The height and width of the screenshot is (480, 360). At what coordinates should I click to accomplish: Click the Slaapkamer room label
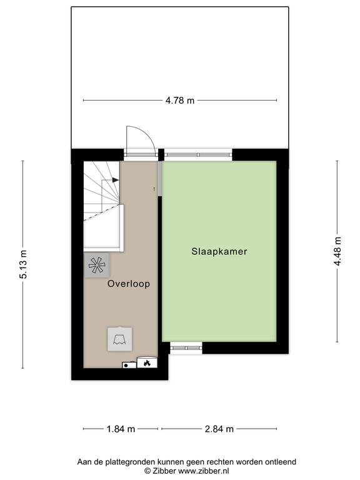click(219, 251)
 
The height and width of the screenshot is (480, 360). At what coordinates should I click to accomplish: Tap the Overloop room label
click(129, 284)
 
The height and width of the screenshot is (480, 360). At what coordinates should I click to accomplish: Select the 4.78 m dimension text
click(180, 101)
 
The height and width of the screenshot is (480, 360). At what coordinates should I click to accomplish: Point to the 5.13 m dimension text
click(23, 264)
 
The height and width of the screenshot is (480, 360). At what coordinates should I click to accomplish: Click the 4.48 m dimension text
click(337, 251)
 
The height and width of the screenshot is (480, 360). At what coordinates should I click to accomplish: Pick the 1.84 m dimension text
click(121, 429)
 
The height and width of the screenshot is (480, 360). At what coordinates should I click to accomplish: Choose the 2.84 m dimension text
click(219, 429)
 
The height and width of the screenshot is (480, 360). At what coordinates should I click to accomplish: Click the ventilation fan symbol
click(96, 265)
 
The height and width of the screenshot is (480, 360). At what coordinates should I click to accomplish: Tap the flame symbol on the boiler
click(147, 363)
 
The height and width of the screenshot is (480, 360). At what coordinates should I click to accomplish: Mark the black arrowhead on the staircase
click(116, 180)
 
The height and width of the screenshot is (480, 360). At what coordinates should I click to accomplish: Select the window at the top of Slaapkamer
click(198, 154)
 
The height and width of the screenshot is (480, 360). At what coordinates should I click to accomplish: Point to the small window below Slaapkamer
click(186, 347)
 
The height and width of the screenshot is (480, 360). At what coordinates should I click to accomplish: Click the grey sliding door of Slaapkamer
click(159, 178)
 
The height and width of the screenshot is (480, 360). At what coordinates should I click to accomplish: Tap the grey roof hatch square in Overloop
click(120, 339)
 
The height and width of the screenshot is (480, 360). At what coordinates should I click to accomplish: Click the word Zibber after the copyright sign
click(164, 471)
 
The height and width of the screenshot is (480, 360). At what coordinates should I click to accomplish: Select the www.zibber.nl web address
click(204, 471)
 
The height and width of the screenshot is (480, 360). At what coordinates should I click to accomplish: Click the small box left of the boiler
click(129, 365)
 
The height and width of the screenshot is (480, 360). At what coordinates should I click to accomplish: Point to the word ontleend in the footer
click(281, 462)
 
